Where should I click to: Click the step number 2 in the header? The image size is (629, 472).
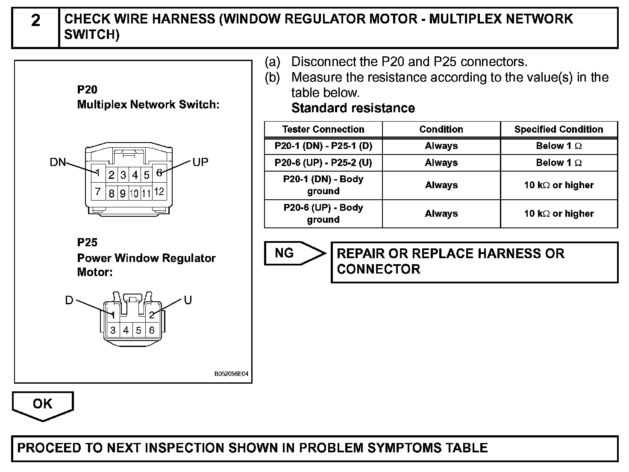point(35,20)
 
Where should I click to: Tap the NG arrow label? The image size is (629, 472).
point(285,253)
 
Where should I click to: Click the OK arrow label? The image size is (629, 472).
point(42,403)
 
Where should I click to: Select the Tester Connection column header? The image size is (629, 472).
point(323,129)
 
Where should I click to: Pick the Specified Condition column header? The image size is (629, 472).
point(558,129)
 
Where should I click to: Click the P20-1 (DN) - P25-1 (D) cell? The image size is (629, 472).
point(323,146)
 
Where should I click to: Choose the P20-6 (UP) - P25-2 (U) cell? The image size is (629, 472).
point(323,163)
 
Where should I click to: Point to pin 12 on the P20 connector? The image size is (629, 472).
point(159,192)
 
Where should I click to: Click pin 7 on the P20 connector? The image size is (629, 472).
point(98,192)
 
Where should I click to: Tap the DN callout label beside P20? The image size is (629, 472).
point(58,162)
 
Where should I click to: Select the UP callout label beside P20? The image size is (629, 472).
point(200,162)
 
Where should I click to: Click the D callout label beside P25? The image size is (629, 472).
point(69,300)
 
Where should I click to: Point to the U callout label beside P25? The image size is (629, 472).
point(188,300)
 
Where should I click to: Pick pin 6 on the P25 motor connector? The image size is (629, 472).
point(152,330)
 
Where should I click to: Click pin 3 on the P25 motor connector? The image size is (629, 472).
point(113,330)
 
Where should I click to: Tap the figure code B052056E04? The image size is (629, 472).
point(231,374)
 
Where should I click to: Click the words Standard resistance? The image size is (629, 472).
point(353,108)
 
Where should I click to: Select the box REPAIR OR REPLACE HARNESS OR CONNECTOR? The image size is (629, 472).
point(474,262)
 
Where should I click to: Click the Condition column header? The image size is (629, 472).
point(441,129)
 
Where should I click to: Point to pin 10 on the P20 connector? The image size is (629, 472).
point(134,194)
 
